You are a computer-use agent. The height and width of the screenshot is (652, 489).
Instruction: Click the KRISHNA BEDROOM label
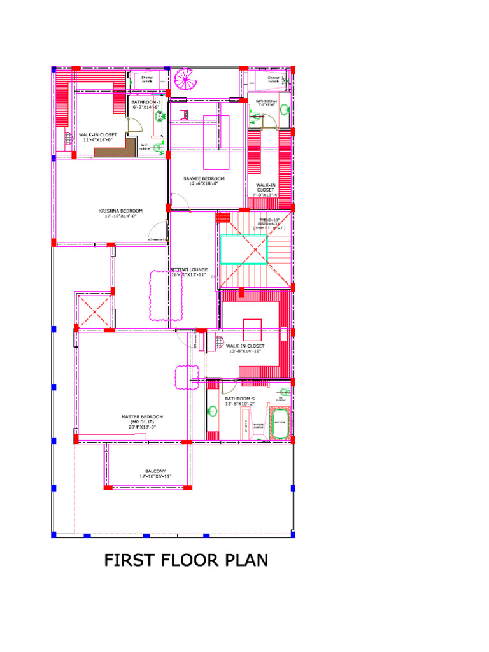(x=120, y=211)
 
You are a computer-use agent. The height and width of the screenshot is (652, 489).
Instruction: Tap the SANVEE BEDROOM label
(x=204, y=178)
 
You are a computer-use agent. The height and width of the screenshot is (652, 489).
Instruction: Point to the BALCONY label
(x=155, y=471)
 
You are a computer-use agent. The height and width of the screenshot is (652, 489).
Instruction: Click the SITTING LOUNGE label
(x=189, y=270)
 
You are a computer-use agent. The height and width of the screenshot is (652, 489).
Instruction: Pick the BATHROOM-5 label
(x=239, y=399)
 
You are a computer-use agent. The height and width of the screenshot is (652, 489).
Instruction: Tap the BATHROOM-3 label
(x=146, y=102)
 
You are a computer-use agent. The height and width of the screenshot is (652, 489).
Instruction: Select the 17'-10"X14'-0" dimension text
(x=120, y=216)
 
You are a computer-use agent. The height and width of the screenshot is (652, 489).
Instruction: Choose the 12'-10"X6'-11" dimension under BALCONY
(x=155, y=476)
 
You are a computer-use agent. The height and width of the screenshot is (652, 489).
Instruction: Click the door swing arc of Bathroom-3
(x=134, y=125)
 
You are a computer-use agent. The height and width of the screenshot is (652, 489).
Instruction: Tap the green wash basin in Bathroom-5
(x=211, y=411)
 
